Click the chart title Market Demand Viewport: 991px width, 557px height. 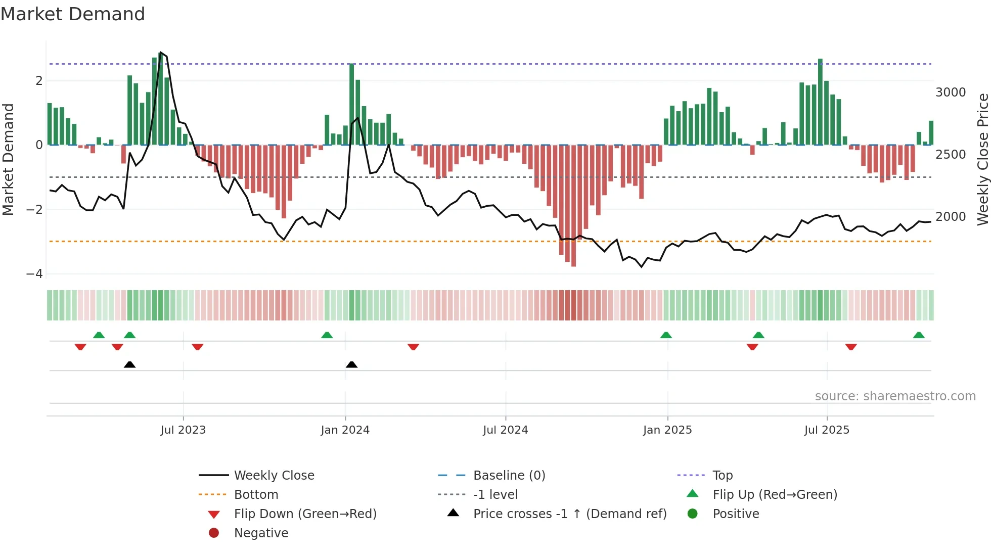tap(73, 14)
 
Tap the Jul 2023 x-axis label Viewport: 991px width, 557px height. tap(183, 430)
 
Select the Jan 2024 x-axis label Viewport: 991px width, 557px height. tap(345, 430)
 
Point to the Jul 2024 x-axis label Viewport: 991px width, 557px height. tap(505, 430)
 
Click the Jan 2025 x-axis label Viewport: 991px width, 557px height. tap(667, 430)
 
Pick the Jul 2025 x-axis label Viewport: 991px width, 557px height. tap(827, 430)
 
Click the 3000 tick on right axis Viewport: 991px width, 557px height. tap(951, 92)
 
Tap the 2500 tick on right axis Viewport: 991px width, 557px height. tap(951, 155)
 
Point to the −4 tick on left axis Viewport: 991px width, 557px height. tap(34, 274)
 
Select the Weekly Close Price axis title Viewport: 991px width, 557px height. tap(982, 159)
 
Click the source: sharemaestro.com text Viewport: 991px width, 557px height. tap(895, 396)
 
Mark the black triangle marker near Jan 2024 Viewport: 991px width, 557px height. tap(351, 365)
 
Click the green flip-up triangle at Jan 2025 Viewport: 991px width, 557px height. tap(666, 335)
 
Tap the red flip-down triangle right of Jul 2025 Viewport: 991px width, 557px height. tap(851, 347)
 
